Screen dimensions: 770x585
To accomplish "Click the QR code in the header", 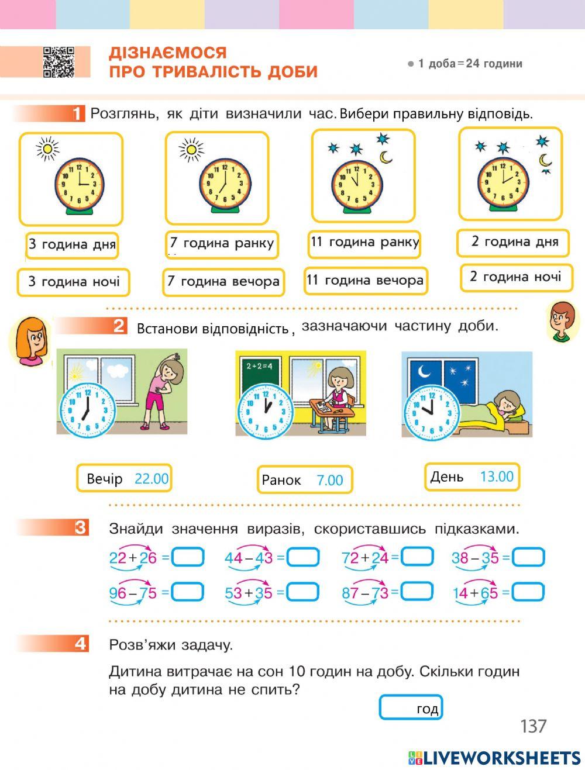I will pyautogui.click(x=58, y=62).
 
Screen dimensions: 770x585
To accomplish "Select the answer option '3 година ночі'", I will pyautogui.click(x=73, y=282).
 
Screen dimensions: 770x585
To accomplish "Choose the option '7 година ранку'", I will pyautogui.click(x=221, y=244).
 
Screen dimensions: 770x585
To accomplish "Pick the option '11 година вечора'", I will pyautogui.click(x=365, y=281).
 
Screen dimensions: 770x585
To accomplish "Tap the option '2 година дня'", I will pyautogui.click(x=513, y=242).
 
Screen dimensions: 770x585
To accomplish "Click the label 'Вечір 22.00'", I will pyautogui.click(x=124, y=478).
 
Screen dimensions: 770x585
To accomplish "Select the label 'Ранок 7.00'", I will pyautogui.click(x=304, y=480).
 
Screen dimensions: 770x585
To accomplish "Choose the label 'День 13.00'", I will pyautogui.click(x=472, y=476).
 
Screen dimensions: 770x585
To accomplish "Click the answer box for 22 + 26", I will pyautogui.click(x=188, y=557).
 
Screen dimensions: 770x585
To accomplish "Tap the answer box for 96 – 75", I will pyautogui.click(x=188, y=592).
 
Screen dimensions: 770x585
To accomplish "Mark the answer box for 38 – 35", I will pyautogui.click(x=528, y=557).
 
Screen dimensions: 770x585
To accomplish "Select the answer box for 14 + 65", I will pyautogui.click(x=528, y=592).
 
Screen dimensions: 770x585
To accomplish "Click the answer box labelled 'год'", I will pyautogui.click(x=411, y=707).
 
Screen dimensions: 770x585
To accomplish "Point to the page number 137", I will pyautogui.click(x=533, y=726).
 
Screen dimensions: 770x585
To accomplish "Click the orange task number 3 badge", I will pyautogui.click(x=80, y=527).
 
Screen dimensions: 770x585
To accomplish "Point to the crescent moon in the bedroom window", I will pyautogui.click(x=424, y=370).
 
